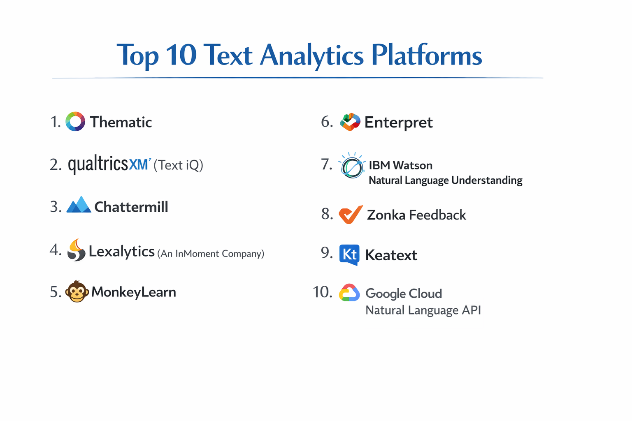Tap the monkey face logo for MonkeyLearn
click(x=77, y=291)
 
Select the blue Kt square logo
click(x=349, y=254)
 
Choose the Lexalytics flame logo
click(x=76, y=250)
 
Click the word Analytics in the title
click(x=312, y=55)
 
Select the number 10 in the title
click(x=181, y=55)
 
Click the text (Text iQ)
click(x=178, y=165)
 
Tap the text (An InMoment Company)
click(x=211, y=254)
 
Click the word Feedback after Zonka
click(x=438, y=215)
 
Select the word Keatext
click(x=391, y=255)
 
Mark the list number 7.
click(x=326, y=164)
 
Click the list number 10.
click(x=323, y=292)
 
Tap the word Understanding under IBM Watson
click(x=487, y=180)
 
